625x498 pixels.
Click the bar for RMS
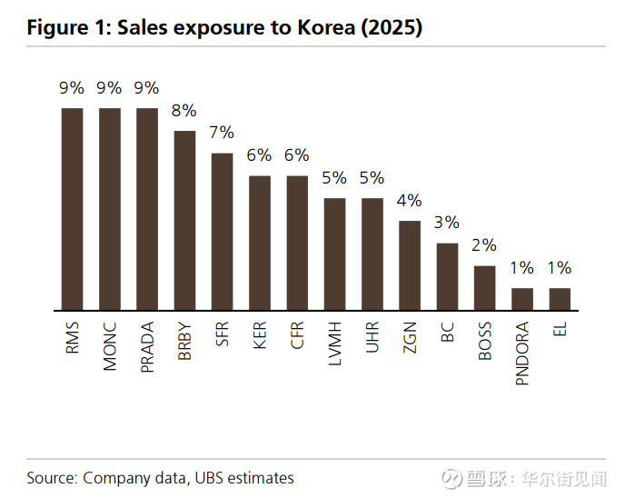(72, 209)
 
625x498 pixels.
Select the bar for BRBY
(184, 221)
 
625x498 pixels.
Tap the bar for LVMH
(334, 254)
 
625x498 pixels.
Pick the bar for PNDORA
(522, 299)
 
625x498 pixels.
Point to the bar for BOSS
(484, 288)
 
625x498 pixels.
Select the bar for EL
(560, 299)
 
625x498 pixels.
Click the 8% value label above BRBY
(184, 111)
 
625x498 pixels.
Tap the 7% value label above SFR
(222, 133)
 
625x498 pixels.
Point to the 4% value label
(410, 200)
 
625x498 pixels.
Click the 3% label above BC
(447, 223)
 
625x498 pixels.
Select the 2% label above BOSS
(484, 245)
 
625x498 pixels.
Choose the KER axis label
(260, 336)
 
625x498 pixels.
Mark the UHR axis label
(372, 336)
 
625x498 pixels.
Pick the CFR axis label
(297, 336)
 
